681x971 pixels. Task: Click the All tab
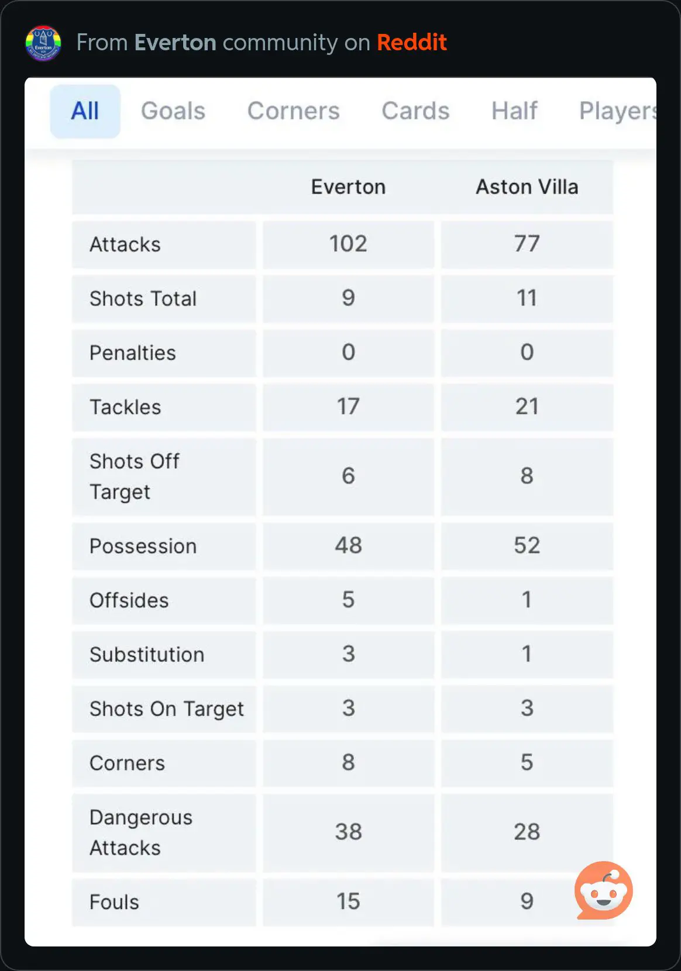pyautogui.click(x=85, y=111)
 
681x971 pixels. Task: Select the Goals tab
pyautogui.click(x=173, y=111)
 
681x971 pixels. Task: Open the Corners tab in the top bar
pyautogui.click(x=293, y=111)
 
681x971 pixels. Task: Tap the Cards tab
pyautogui.click(x=415, y=111)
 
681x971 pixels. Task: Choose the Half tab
pyautogui.click(x=514, y=111)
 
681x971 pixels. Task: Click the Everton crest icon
pyautogui.click(x=43, y=43)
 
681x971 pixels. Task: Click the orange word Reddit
pyautogui.click(x=411, y=43)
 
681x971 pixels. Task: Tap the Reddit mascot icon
pyautogui.click(x=603, y=890)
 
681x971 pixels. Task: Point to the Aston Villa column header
pyautogui.click(x=527, y=187)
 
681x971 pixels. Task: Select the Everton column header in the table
pyautogui.click(x=348, y=187)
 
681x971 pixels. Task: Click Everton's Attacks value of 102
pyautogui.click(x=348, y=244)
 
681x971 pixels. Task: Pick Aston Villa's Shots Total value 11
pyautogui.click(x=527, y=298)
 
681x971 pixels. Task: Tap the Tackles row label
pyautogui.click(x=125, y=407)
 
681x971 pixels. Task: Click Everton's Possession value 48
pyautogui.click(x=348, y=545)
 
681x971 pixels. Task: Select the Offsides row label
pyautogui.click(x=129, y=600)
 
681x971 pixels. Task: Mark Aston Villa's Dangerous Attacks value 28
pyautogui.click(x=527, y=832)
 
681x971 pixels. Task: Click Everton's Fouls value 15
pyautogui.click(x=348, y=901)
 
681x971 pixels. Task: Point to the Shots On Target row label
pyautogui.click(x=166, y=709)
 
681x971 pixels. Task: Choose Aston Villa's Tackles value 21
pyautogui.click(x=527, y=407)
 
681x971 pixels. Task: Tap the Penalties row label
pyautogui.click(x=132, y=353)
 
